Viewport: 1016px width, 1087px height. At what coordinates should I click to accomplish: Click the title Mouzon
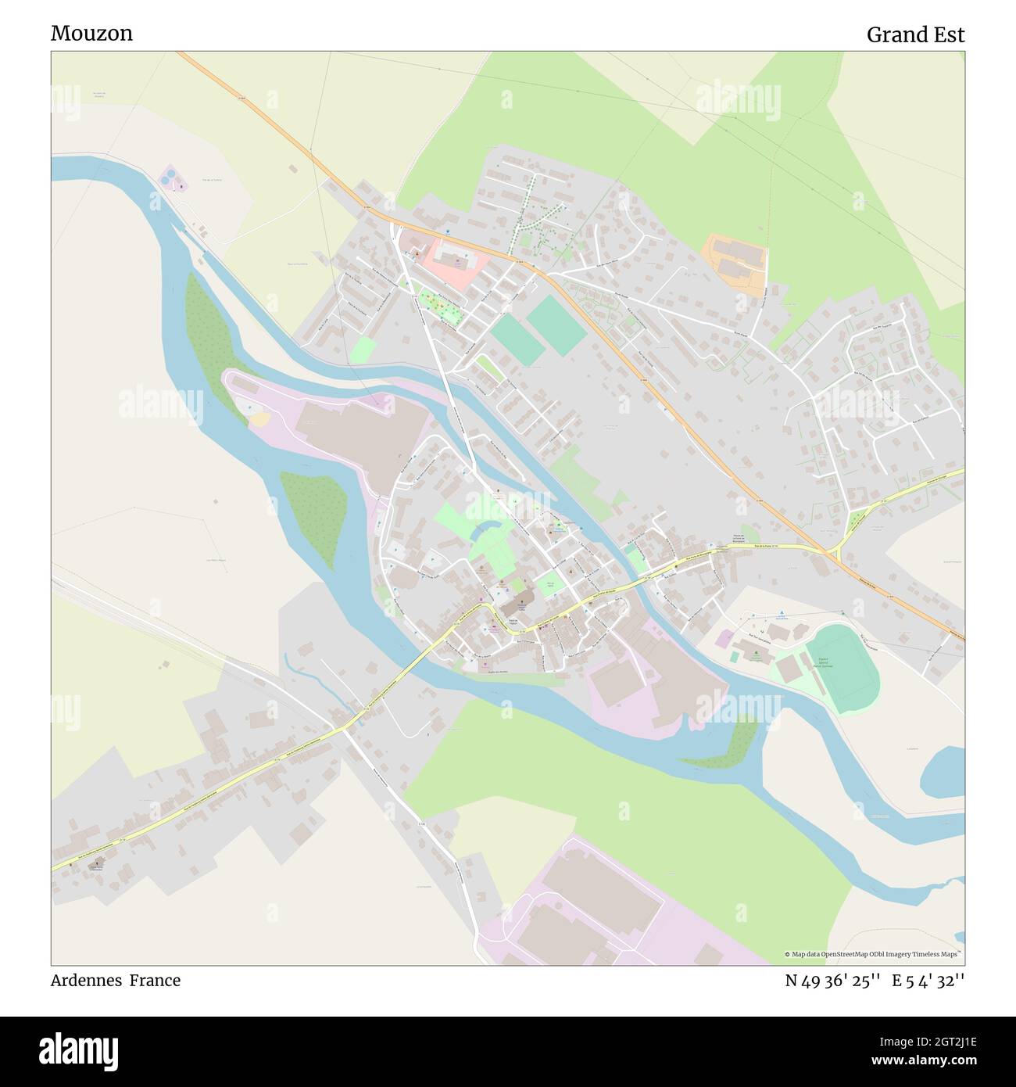(91, 33)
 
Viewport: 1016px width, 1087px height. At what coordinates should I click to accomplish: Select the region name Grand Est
(915, 34)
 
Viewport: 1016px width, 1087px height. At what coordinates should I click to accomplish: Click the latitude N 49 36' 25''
(833, 981)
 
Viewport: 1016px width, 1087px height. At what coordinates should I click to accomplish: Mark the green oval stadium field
(842, 669)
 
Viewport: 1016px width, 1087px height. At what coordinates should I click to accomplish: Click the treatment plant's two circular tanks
(170, 179)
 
